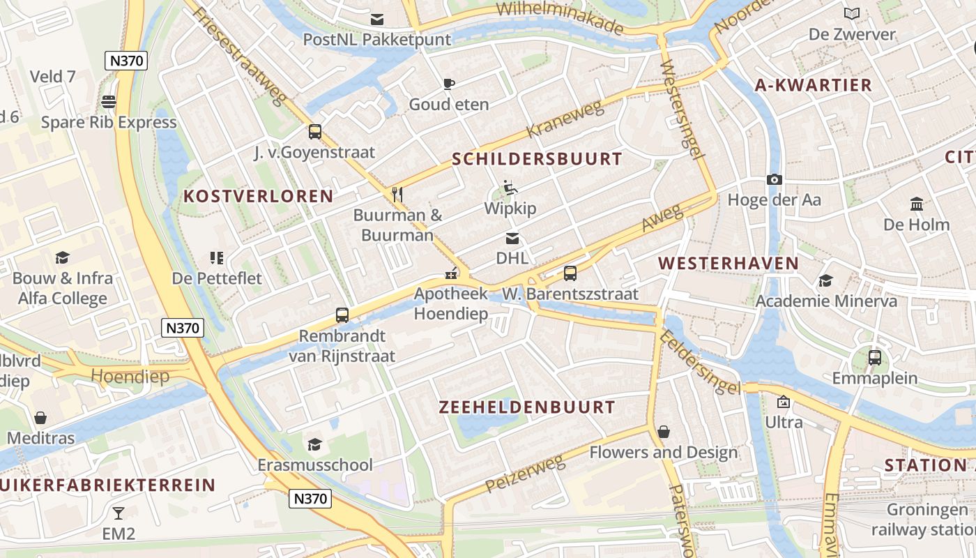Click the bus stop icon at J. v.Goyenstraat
tap(314, 131)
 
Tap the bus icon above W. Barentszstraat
tap(570, 273)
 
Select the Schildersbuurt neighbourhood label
tap(536, 159)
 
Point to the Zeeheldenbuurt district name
tap(527, 407)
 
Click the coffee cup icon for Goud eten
tap(449, 84)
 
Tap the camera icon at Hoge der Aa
tap(774, 179)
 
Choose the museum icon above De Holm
tap(917, 204)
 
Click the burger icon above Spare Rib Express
tap(108, 102)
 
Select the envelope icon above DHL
tap(512, 239)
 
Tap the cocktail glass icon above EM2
tap(119, 513)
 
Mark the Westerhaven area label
tap(729, 264)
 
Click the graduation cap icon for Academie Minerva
tap(825, 280)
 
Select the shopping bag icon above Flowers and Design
tap(664, 432)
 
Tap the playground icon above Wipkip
tap(511, 188)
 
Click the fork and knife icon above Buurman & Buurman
tap(397, 194)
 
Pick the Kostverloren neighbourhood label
tap(258, 197)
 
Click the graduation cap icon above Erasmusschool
tap(315, 444)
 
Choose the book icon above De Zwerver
tap(852, 13)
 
